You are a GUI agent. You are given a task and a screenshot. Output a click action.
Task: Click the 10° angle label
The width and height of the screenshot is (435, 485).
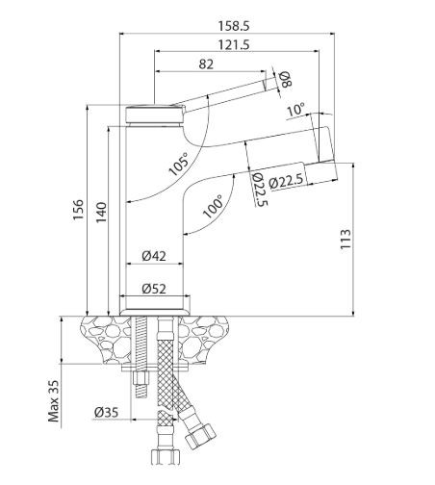pos(294,111)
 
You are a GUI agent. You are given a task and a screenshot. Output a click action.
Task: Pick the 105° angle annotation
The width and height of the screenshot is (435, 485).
pos(178,164)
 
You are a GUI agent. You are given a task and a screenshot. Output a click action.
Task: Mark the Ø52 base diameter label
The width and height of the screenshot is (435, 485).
pos(155,288)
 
